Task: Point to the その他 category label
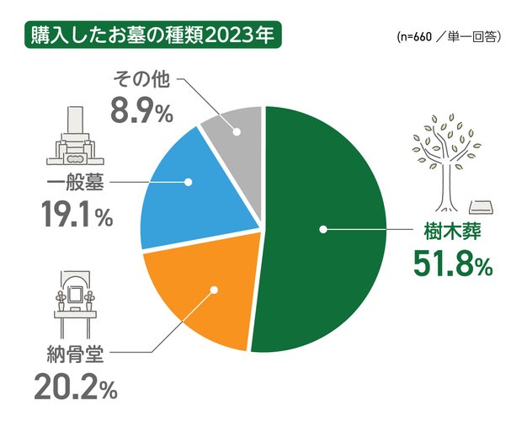click(x=141, y=80)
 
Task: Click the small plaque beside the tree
click(x=481, y=206)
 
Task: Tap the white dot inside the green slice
click(x=322, y=228)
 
